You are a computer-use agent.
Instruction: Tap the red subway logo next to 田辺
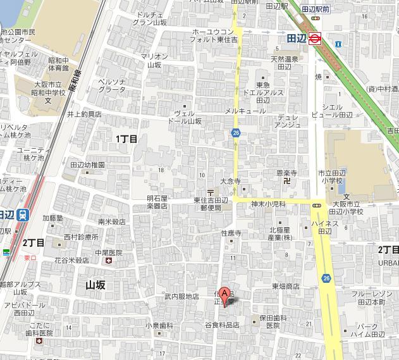(x=317, y=38)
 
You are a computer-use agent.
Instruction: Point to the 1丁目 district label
(x=126, y=138)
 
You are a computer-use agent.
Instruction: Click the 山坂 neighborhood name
(x=95, y=285)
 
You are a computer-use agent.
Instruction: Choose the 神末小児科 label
(x=268, y=204)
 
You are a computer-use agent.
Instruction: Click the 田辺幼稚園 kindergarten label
(x=88, y=164)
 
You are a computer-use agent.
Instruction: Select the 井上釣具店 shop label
(x=84, y=115)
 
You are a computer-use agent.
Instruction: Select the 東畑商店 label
(x=286, y=287)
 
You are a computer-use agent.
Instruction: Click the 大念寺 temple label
(x=231, y=182)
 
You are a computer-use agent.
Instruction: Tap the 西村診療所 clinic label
(x=81, y=237)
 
